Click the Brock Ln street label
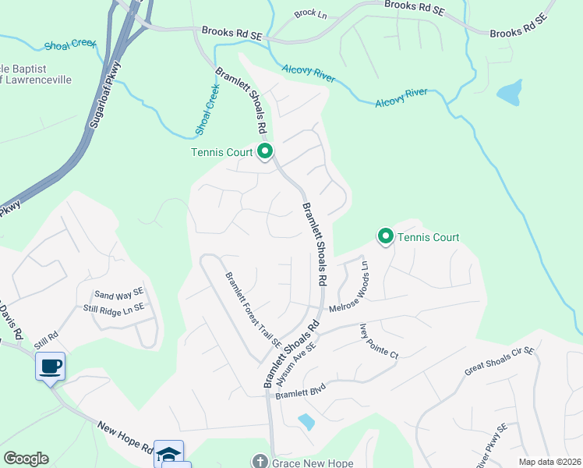(x=309, y=14)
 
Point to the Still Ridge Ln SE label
(x=114, y=308)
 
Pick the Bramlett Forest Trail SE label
(x=253, y=309)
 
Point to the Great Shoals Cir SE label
(x=499, y=362)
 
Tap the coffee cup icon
(x=50, y=365)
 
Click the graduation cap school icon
(x=168, y=452)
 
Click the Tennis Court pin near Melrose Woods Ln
(x=385, y=236)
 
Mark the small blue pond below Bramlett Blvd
(x=306, y=422)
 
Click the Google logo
(x=26, y=459)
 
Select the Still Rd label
(x=46, y=341)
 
